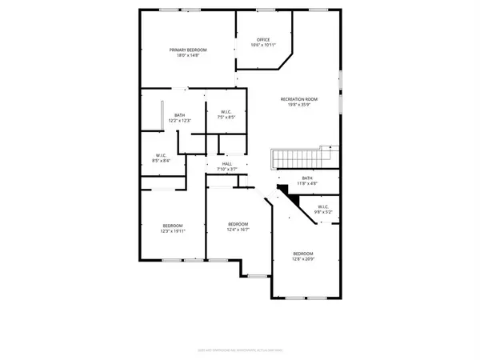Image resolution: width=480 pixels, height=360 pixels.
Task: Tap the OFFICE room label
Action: (263, 40)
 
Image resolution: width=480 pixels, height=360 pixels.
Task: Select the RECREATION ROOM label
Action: (297, 98)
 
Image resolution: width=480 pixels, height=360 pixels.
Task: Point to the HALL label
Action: (227, 163)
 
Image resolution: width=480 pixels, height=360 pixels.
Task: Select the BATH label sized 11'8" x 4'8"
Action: (307, 178)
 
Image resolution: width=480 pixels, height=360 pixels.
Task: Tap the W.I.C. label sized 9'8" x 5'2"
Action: (323, 208)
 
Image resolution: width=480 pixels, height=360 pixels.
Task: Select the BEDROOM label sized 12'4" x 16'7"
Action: (238, 223)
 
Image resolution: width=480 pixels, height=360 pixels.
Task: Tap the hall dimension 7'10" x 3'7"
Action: (227, 170)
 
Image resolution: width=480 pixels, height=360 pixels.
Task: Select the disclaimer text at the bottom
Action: (239, 350)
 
